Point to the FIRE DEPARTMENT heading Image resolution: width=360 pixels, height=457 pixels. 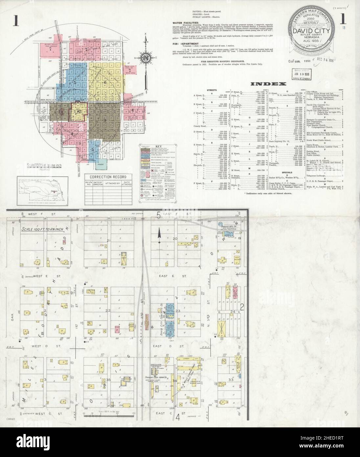tap(184, 44)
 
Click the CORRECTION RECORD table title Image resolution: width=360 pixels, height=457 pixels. tap(108, 177)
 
